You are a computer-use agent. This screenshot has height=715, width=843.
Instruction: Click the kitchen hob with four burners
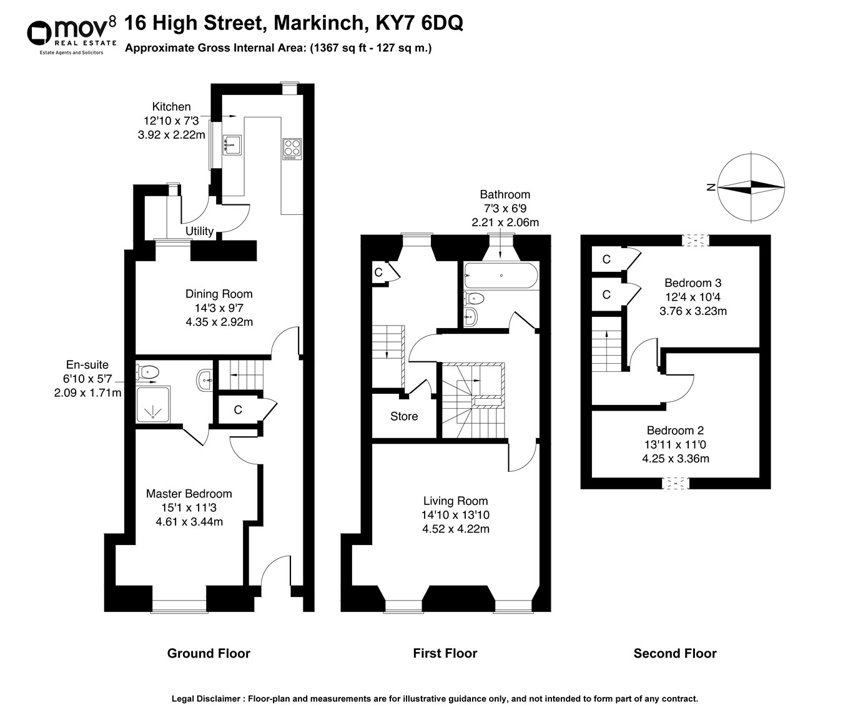pyautogui.click(x=292, y=148)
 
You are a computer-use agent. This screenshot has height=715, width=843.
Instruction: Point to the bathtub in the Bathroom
pyautogui.click(x=500, y=276)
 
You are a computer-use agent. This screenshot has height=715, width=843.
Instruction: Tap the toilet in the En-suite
pyautogui.click(x=147, y=372)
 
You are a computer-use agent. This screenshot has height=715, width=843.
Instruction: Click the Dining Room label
pyautogui.click(x=219, y=294)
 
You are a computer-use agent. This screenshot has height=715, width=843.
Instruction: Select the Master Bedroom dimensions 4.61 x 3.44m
pyautogui.click(x=189, y=522)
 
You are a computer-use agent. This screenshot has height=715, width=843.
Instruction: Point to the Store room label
pyautogui.click(x=403, y=416)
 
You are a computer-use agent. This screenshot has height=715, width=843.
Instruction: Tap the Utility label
pyautogui.click(x=199, y=231)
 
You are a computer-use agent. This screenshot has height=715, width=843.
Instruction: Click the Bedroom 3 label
pyautogui.click(x=693, y=282)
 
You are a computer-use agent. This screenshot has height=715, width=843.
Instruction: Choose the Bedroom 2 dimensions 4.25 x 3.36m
pyautogui.click(x=675, y=458)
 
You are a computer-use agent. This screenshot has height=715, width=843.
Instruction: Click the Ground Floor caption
pyautogui.click(x=208, y=654)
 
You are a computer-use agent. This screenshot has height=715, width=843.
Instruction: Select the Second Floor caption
pyautogui.click(x=674, y=654)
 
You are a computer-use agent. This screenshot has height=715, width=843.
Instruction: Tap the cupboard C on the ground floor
pyautogui.click(x=237, y=410)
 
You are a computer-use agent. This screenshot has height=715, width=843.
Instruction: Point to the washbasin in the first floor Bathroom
pyautogui.click(x=471, y=316)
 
